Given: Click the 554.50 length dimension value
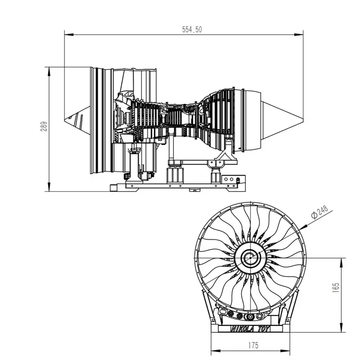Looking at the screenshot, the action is (x=192, y=30).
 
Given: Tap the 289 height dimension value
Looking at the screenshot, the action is (x=44, y=126).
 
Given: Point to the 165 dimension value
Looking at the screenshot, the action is (x=336, y=287).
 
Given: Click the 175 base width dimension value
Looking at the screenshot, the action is (x=253, y=345).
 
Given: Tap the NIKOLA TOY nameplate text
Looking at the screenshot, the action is (x=250, y=329).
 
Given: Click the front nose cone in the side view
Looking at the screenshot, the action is (x=77, y=120).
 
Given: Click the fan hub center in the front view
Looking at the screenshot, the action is (x=250, y=258).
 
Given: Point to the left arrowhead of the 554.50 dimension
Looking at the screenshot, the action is (x=69, y=35).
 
